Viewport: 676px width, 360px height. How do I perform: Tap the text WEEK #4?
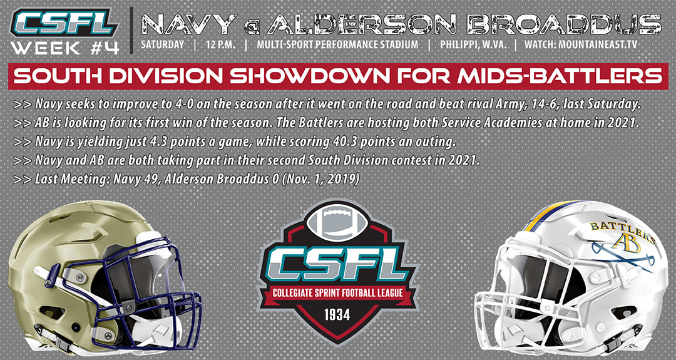64,47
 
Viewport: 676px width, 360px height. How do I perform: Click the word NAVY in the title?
189,24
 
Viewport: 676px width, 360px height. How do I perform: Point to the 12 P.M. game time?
219,45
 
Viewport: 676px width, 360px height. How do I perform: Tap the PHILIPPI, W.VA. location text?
473,45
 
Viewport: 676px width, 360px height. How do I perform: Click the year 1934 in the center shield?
337,315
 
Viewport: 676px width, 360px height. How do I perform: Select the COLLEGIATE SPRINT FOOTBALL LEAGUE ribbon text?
337,293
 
